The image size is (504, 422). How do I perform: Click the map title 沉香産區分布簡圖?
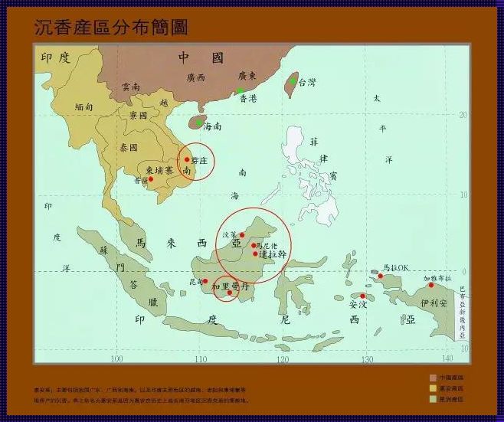[x=111, y=28]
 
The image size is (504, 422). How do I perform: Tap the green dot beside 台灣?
[x=293, y=80]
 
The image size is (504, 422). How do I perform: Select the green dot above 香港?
[x=240, y=90]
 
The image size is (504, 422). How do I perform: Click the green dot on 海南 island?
[x=199, y=123]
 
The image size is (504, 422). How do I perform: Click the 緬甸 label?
[x=84, y=108]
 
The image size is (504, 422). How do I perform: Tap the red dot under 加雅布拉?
[x=431, y=285]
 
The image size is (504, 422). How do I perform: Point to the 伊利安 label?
[x=433, y=303]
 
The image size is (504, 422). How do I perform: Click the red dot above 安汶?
[x=363, y=296]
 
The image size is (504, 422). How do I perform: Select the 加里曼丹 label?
[x=230, y=286]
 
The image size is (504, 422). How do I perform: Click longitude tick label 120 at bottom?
[x=283, y=358]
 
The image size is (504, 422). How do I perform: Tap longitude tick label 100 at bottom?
[x=116, y=358]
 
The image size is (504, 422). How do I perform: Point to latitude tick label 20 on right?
[x=462, y=115]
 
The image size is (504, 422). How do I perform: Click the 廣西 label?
[x=196, y=77]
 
